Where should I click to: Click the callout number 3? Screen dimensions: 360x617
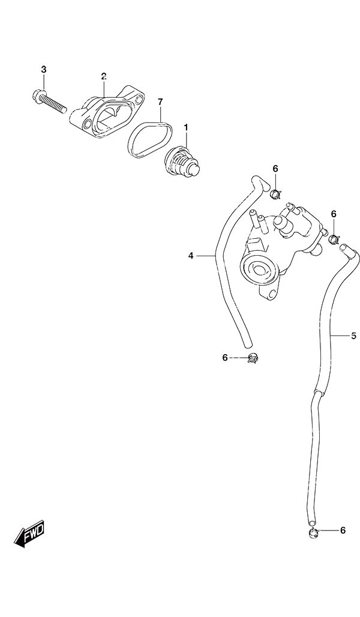point(44,70)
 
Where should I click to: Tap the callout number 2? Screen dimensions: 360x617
point(103,76)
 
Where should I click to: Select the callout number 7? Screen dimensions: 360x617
point(160,102)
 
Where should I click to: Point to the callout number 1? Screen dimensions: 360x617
point(186,127)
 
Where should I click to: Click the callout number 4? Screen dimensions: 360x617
point(191,256)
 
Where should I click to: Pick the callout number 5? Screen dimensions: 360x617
point(354,336)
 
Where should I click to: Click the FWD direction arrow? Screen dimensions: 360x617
point(30,535)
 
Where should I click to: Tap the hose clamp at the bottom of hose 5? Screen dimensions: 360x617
point(313,533)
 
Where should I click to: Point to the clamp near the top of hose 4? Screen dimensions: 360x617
point(275,193)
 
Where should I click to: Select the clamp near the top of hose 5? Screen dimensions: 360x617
point(333,238)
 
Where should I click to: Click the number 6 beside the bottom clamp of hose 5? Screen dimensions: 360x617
point(343,531)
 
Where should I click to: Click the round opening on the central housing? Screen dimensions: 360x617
point(259,269)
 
